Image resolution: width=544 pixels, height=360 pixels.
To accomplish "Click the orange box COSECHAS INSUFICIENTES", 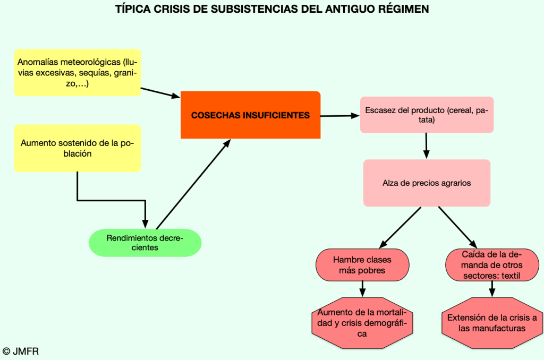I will pos(250,115).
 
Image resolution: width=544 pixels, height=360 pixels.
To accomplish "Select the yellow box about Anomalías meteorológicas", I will pos(78,73).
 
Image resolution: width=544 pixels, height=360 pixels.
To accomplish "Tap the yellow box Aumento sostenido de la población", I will pos(78,148).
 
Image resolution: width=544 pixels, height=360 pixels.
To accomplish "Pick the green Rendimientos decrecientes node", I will pos(145,243).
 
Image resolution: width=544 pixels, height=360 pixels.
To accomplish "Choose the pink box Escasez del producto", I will pos(427,115).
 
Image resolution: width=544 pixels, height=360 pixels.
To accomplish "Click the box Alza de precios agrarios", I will pos(427,183).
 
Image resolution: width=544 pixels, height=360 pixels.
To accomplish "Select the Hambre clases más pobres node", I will pos(362,265).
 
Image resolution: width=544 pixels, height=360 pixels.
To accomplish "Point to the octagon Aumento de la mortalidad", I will pos(362,323).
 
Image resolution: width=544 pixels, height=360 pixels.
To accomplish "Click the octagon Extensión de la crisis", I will pos(492,323).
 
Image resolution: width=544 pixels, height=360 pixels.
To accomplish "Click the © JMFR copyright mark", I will pos(21,351).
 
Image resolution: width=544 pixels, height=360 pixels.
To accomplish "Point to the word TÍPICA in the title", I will pos(133,9).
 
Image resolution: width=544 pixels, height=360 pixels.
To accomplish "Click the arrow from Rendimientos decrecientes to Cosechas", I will pos(193,184).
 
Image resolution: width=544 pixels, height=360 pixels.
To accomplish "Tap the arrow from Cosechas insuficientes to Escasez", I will pos(340,115).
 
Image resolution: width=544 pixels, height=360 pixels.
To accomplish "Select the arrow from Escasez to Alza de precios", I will pos(426,145).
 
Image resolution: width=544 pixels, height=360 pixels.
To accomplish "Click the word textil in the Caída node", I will pos(510,276).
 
